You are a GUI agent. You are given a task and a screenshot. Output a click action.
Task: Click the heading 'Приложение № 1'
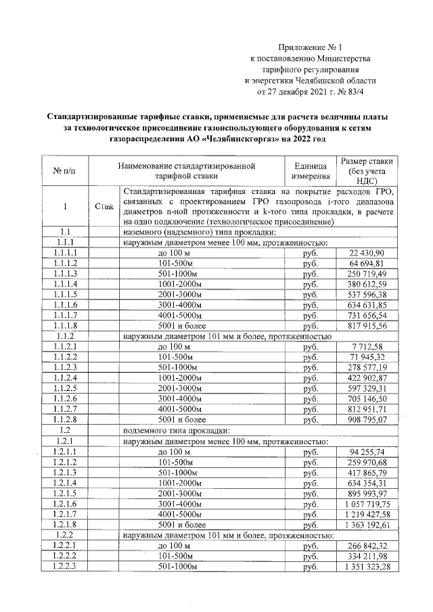coord(311,47)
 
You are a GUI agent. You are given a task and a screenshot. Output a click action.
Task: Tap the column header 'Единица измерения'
coord(311,170)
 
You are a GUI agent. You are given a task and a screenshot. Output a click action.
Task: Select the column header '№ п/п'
coord(60,170)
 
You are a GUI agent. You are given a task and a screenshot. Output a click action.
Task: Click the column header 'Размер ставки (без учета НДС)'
coord(368,170)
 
